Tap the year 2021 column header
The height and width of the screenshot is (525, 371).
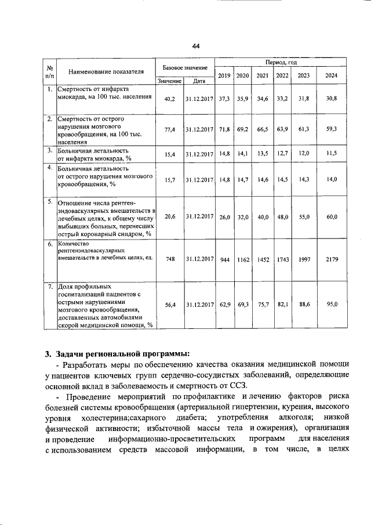point(262,75)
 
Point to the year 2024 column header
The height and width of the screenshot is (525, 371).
point(332,75)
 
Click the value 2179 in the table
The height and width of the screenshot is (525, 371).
point(332,259)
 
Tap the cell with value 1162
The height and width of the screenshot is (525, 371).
point(243,259)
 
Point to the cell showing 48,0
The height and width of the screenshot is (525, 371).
point(282,216)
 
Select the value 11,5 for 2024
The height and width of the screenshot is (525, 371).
point(332,154)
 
